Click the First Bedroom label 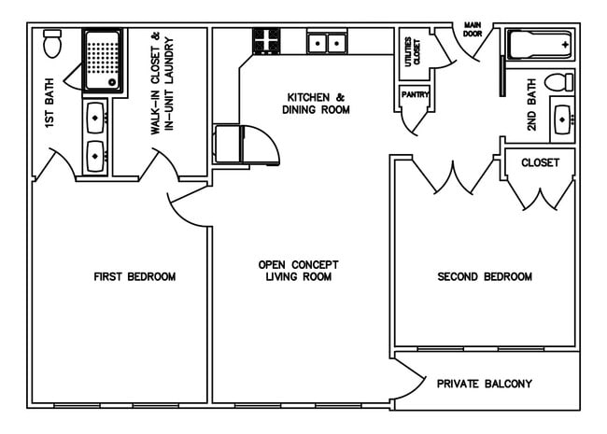134,277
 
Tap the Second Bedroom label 485,277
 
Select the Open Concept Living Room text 298,271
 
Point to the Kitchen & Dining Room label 318,103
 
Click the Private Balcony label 485,384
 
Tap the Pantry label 414,95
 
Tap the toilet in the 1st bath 52,43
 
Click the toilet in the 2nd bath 558,81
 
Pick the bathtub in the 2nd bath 540,45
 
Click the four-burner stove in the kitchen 267,41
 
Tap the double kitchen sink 327,42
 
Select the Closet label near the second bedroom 540,162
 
